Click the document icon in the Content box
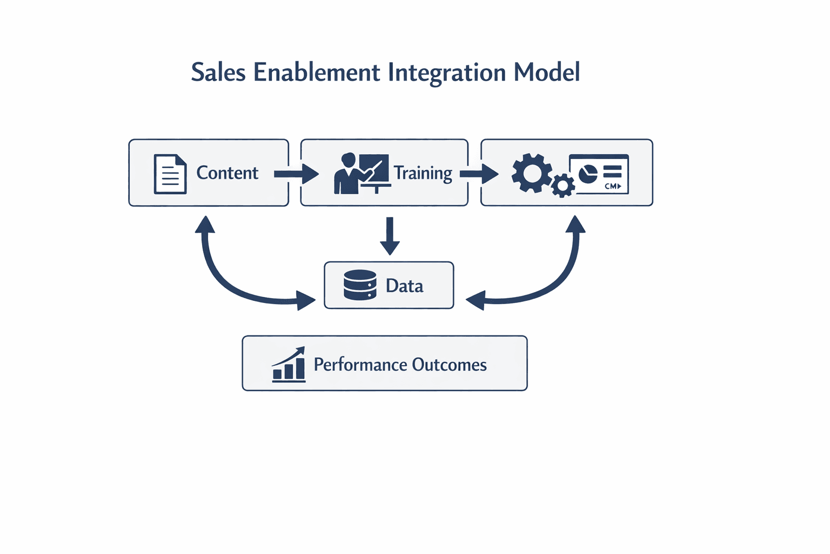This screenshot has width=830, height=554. pos(170,174)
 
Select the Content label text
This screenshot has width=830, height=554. pos(227,173)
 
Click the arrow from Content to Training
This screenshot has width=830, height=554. pos(296,174)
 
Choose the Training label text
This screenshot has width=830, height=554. pos(423,174)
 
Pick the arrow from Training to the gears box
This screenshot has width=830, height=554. pos(479,174)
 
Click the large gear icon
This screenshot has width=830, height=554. pos(532,173)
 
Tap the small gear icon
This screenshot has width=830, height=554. pos(563,186)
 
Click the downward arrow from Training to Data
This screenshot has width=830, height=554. pos(390,236)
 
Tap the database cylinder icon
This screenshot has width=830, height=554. pos(360,285)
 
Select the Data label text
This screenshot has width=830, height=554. pos(404,286)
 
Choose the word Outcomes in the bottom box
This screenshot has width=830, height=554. pos(449,365)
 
